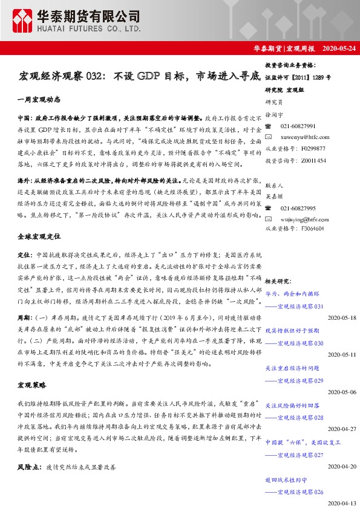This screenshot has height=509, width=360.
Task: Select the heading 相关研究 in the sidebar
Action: pyautogui.click(x=278, y=280)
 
